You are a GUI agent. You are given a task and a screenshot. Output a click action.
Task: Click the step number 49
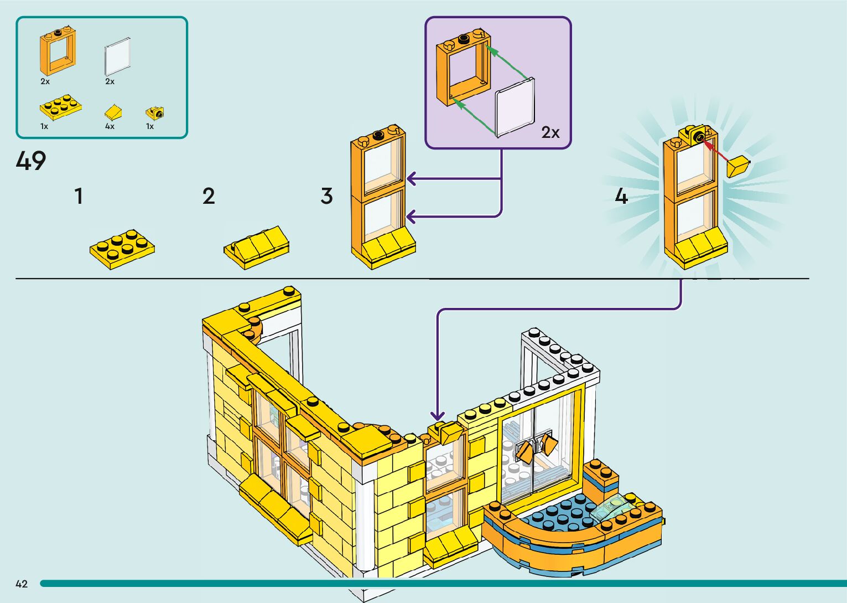pyautogui.click(x=31, y=161)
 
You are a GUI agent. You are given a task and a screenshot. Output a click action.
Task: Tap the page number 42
pyautogui.click(x=22, y=584)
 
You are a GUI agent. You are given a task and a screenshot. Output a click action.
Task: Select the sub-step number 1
pyautogui.click(x=79, y=196)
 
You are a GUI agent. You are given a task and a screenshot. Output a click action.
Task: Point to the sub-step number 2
pyautogui.click(x=209, y=196)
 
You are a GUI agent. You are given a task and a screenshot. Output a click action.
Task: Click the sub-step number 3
pyautogui.click(x=327, y=196)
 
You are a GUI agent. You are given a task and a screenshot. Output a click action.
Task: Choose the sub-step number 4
pyautogui.click(x=622, y=196)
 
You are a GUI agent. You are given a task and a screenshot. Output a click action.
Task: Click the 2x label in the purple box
pyautogui.click(x=550, y=132)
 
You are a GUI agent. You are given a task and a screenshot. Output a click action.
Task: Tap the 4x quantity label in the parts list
pyautogui.click(x=110, y=126)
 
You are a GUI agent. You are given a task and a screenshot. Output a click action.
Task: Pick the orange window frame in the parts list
pyautogui.click(x=58, y=51)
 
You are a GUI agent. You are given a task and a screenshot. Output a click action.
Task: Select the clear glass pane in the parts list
pyautogui.click(x=117, y=56)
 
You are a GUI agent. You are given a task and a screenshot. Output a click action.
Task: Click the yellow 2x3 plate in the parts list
pyautogui.click(x=60, y=107)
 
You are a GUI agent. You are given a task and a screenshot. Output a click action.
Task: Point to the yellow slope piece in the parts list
pyautogui.click(x=113, y=112)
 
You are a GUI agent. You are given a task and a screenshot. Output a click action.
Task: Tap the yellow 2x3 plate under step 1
pyautogui.click(x=122, y=249)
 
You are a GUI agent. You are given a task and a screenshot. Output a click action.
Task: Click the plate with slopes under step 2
pyautogui.click(x=257, y=247)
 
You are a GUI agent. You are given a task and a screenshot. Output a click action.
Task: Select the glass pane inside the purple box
pyautogui.click(x=515, y=107)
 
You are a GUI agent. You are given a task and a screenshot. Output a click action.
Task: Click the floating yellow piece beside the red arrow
pyautogui.click(x=738, y=166)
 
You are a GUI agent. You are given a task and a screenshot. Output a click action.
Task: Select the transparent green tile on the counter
pyautogui.click(x=614, y=507)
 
